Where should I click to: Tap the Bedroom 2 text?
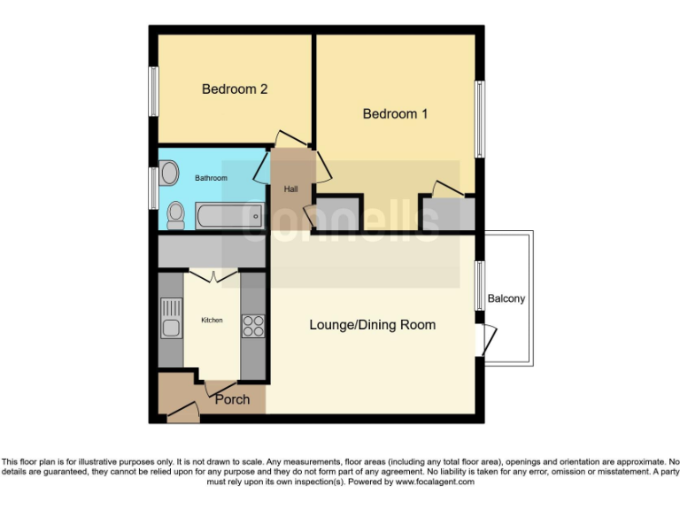point(235,89)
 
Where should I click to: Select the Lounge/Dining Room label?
point(372,325)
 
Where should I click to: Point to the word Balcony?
point(506,298)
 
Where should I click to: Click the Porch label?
point(232,399)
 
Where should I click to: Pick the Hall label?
point(290,189)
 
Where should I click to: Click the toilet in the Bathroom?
point(175,214)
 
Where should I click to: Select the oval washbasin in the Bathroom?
point(169,170)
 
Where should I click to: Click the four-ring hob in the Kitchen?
point(252,326)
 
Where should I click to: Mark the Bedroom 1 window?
point(479,120)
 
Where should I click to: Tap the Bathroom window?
point(153,189)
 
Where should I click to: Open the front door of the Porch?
point(182,410)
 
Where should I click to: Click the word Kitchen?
point(212,320)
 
